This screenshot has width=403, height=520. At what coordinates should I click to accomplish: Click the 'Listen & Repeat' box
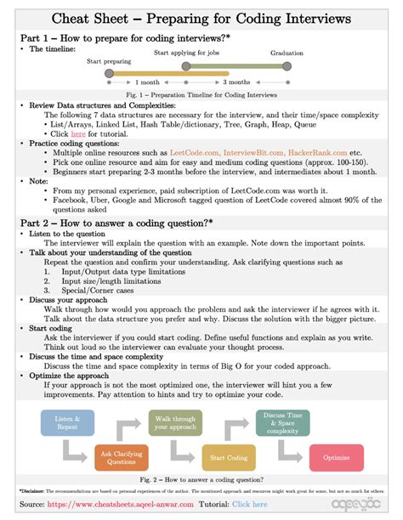click(x=67, y=422)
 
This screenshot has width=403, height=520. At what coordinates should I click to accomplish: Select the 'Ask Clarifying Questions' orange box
click(x=121, y=457)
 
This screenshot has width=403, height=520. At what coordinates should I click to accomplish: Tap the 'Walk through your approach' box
click(x=176, y=422)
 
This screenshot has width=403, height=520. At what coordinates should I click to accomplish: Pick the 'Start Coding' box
click(x=228, y=457)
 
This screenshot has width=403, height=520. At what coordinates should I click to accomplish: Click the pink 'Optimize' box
click(x=337, y=457)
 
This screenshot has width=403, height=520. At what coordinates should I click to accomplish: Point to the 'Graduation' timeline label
click(x=287, y=53)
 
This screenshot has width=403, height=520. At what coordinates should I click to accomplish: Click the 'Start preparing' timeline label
click(x=109, y=61)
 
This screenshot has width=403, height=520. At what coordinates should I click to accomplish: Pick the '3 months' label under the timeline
click(x=236, y=82)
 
